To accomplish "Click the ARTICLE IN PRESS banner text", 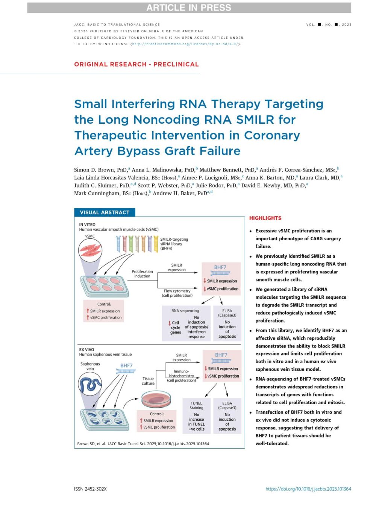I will tap(189, 8).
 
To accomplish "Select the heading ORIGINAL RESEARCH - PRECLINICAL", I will tap(136, 64).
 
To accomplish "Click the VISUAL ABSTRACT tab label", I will tap(105, 212).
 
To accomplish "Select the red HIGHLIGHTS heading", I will tap(265, 218).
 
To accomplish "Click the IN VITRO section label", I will tap(87, 224).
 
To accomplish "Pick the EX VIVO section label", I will tap(86, 349).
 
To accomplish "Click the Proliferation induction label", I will tap(142, 274).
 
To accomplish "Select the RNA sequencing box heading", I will tap(185, 311).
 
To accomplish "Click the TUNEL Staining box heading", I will tap(196, 405).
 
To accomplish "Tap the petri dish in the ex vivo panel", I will tap(156, 400).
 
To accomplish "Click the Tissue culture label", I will tap(148, 381).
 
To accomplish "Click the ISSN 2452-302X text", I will tap(90, 489).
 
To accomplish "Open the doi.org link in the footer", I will tap(308, 489).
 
